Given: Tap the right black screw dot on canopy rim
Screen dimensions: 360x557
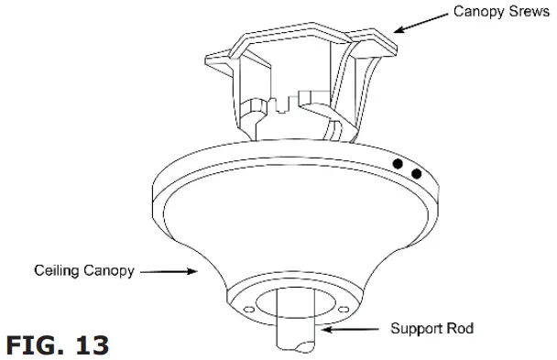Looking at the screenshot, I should pyautogui.click(x=417, y=172).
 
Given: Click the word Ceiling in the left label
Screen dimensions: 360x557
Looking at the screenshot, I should pyautogui.click(x=57, y=271).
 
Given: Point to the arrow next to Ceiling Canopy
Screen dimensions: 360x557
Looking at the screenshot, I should pyautogui.click(x=170, y=271).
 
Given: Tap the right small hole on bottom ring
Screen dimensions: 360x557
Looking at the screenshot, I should pyautogui.click(x=342, y=310).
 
